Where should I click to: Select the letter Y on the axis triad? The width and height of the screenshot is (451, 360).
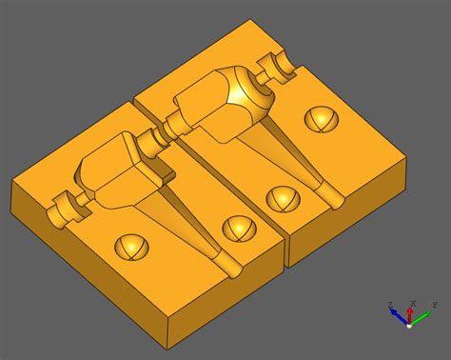tap(433, 304)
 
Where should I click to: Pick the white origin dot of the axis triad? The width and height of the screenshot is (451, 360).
tap(410, 324)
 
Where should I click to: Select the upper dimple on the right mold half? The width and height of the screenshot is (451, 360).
tap(320, 119)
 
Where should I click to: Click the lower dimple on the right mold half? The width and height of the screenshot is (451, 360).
tap(281, 198)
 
